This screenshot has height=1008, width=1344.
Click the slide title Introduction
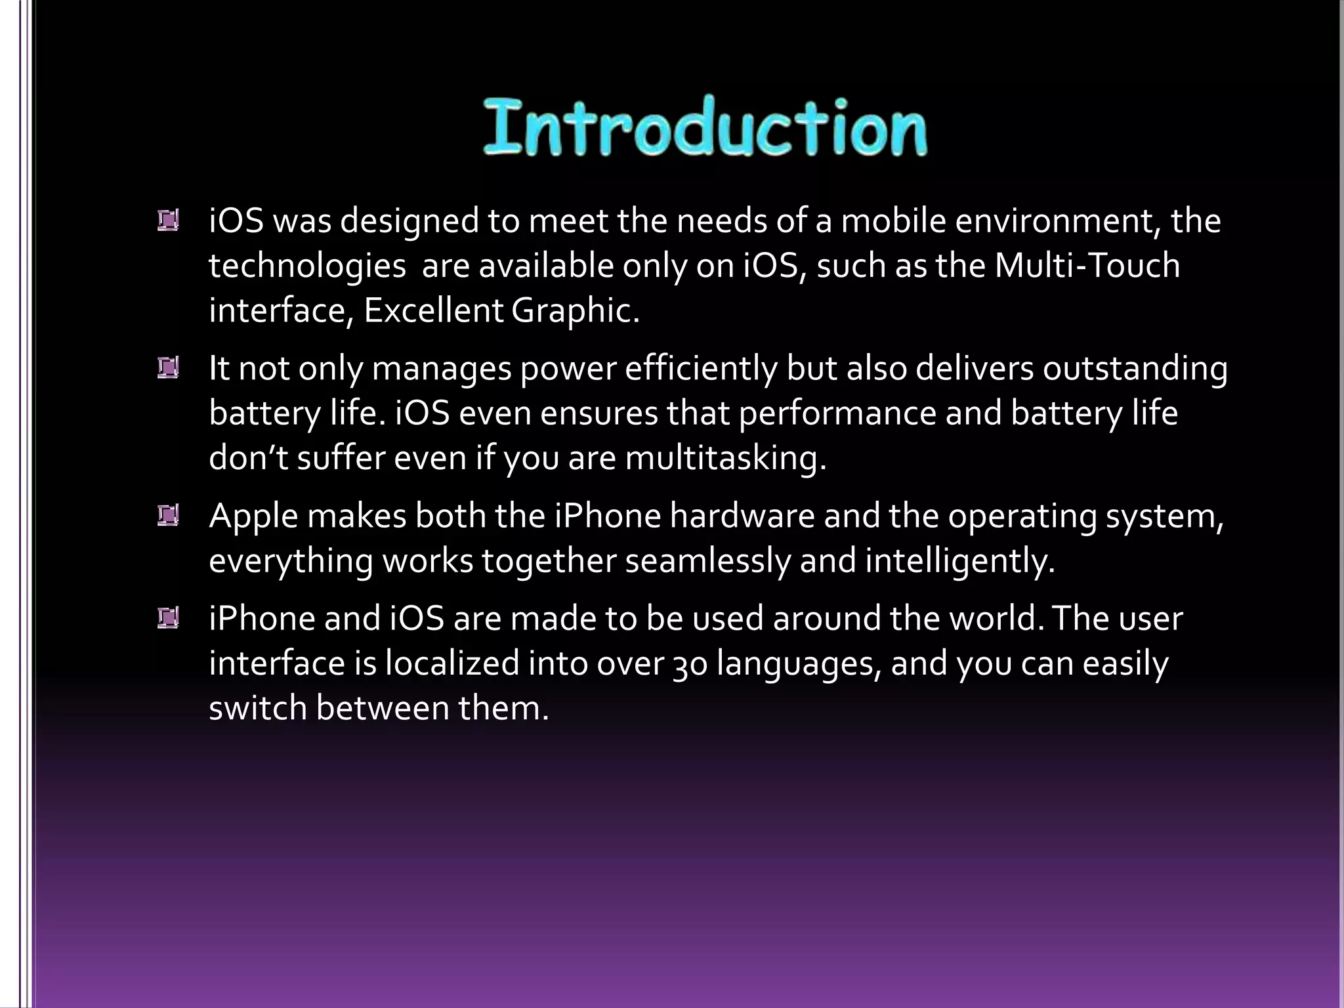point(705,127)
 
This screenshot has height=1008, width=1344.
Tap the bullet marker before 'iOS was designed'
point(168,220)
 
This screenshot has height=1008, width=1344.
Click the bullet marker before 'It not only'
point(168,368)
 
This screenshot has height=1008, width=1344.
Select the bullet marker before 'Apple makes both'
point(168,516)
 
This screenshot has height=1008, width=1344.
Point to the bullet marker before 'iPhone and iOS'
point(168,618)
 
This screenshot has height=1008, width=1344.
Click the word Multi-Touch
point(1087,265)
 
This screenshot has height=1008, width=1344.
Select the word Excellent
point(432,310)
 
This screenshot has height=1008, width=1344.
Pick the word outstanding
point(1135,368)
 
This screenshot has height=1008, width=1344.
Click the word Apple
point(253,516)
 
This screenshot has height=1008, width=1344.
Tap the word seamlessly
point(707,561)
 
